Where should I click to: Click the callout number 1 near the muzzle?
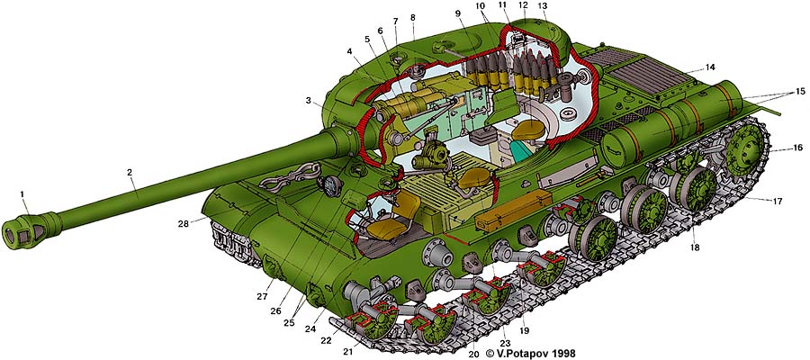click(23, 191)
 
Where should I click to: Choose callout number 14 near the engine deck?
click(710, 67)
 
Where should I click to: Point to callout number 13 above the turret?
click(542, 6)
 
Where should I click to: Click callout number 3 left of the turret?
click(309, 100)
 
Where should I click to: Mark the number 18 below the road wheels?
click(695, 247)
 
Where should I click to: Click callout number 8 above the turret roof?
click(413, 17)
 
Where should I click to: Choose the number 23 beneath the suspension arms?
click(506, 342)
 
